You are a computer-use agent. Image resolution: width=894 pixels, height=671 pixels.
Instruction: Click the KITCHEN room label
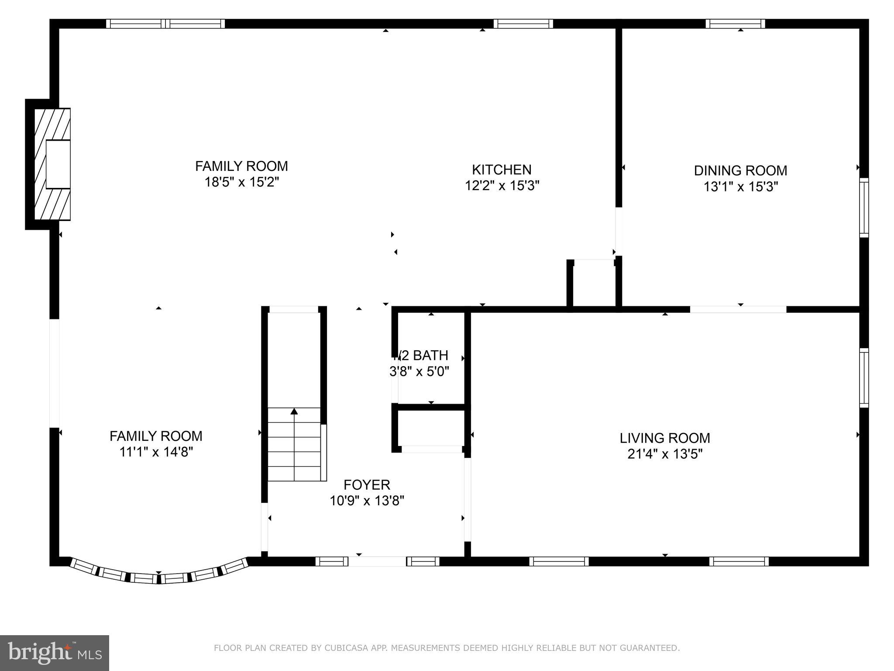[502, 169]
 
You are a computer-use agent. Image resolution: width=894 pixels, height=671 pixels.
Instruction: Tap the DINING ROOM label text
[740, 170]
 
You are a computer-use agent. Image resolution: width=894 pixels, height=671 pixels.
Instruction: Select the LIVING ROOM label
[665, 438]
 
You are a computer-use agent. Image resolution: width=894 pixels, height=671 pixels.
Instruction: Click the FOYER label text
[367, 484]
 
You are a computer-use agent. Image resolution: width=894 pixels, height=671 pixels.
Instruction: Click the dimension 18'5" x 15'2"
[241, 182]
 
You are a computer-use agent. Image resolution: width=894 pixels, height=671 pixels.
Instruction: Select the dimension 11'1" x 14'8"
[156, 452]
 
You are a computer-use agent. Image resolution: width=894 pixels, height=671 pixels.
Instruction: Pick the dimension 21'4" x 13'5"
[665, 454]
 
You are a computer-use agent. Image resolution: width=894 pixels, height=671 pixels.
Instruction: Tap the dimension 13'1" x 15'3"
[740, 187]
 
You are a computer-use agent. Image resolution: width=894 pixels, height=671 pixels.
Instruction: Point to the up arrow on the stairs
[294, 412]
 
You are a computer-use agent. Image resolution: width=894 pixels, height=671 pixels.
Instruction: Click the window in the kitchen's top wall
[523, 24]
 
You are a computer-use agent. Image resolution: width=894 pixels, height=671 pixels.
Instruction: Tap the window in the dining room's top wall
[735, 24]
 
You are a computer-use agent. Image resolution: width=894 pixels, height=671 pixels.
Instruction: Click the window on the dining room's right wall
[864, 208]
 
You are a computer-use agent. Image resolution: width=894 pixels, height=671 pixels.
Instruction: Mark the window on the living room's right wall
[864, 378]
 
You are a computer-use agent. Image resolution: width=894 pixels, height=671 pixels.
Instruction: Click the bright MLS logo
[54, 653]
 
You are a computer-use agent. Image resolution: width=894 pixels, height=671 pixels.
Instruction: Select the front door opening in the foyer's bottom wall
[378, 561]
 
